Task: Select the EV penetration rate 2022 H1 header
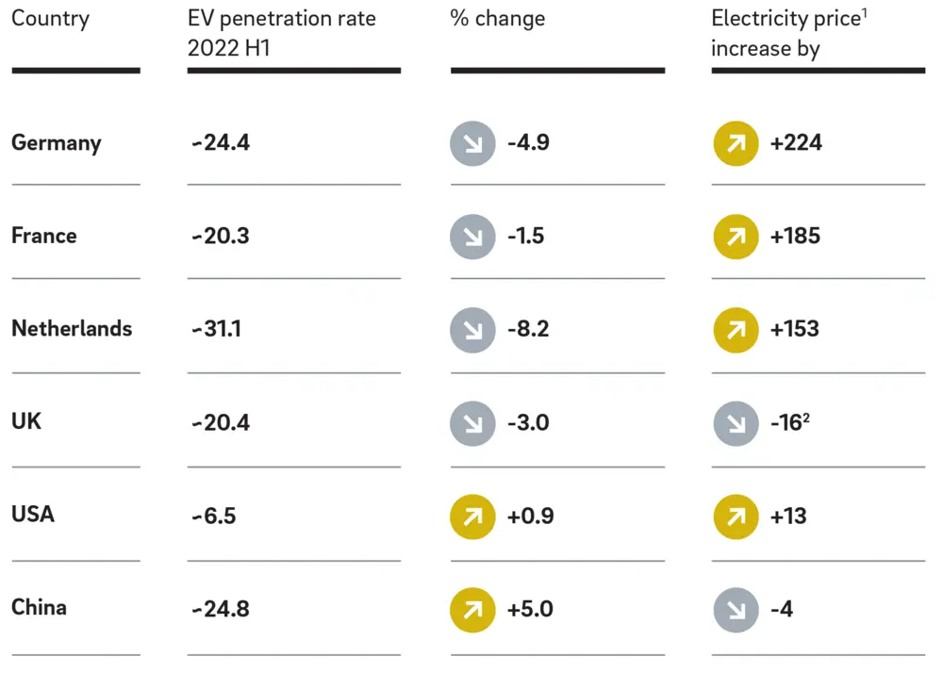click(x=281, y=33)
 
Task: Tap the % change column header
click(x=497, y=20)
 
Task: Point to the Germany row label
click(x=56, y=143)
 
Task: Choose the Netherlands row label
click(x=72, y=329)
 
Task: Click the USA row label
click(x=33, y=515)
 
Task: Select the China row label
click(x=39, y=607)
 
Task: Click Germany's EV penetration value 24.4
click(x=221, y=143)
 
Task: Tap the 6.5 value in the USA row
click(x=215, y=516)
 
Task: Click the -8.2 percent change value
click(x=528, y=329)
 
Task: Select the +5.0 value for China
click(x=530, y=609)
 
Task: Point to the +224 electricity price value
click(x=796, y=143)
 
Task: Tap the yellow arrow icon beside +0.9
click(x=472, y=517)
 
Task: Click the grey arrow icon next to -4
click(x=736, y=609)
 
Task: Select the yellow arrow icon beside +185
click(x=736, y=237)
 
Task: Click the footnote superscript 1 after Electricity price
click(x=865, y=13)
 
